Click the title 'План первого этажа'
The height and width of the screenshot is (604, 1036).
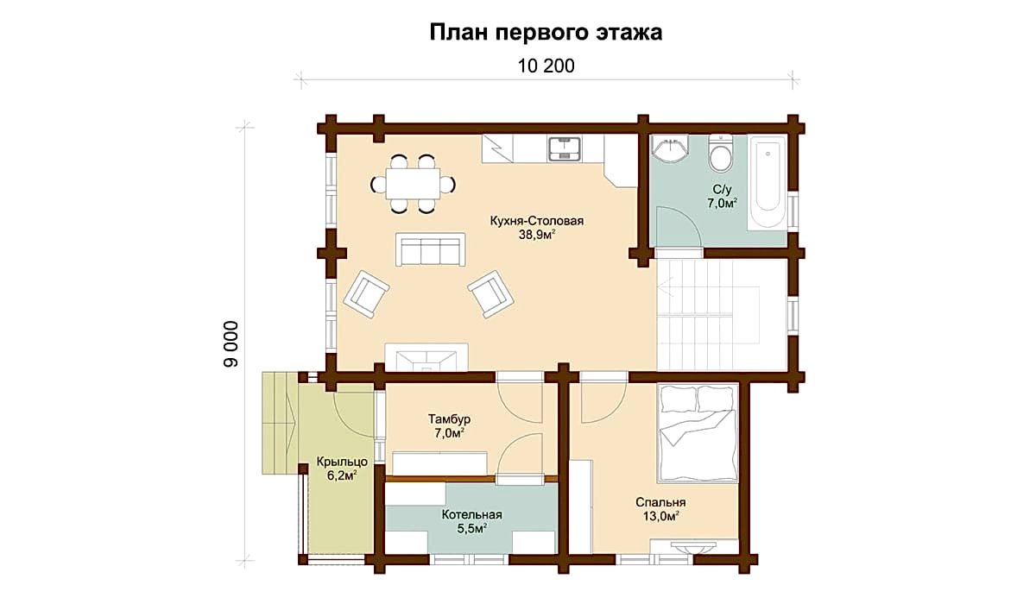pyautogui.click(x=546, y=32)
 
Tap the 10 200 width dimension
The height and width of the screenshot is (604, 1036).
pyautogui.click(x=546, y=66)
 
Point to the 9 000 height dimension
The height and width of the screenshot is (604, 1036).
pyautogui.click(x=231, y=343)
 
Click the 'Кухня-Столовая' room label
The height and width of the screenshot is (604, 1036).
pyautogui.click(x=537, y=221)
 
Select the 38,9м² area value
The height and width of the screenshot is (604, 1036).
pyautogui.click(x=536, y=235)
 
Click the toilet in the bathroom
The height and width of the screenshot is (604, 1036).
pyautogui.click(x=721, y=154)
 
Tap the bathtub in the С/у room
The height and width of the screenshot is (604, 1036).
pyautogui.click(x=768, y=182)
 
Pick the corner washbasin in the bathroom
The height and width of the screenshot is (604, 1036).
pyautogui.click(x=670, y=149)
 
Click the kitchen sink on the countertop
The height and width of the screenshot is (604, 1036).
pyautogui.click(x=565, y=148)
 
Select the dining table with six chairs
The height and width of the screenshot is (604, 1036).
pyautogui.click(x=413, y=184)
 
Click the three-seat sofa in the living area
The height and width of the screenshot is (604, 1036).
pyautogui.click(x=430, y=249)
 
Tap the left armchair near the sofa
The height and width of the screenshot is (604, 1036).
pyautogui.click(x=366, y=294)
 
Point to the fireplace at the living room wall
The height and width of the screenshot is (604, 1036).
pyautogui.click(x=426, y=357)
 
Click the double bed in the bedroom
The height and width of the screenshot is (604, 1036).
pyautogui.click(x=698, y=433)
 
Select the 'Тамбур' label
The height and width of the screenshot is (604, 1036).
pyautogui.click(x=449, y=419)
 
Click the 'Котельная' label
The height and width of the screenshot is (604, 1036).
pyautogui.click(x=471, y=514)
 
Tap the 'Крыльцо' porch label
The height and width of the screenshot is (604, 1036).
pyautogui.click(x=342, y=462)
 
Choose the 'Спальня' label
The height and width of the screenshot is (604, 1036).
pyautogui.click(x=660, y=502)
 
